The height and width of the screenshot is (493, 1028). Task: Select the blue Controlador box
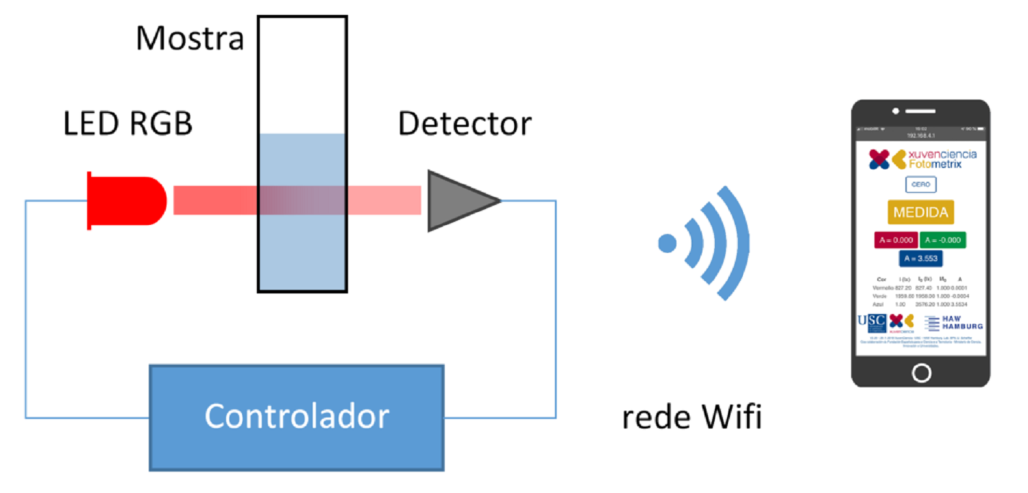(x=297, y=417)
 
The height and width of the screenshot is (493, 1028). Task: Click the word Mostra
(x=190, y=38)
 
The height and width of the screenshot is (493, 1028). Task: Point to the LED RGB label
(x=127, y=124)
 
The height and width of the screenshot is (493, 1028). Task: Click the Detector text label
(x=465, y=124)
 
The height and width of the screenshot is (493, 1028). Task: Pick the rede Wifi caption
(x=692, y=417)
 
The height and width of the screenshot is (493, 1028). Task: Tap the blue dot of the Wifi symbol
(x=667, y=243)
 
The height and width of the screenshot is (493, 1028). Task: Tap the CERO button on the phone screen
(x=920, y=185)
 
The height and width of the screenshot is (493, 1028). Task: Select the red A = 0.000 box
(x=896, y=240)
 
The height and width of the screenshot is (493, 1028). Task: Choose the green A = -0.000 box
(x=943, y=240)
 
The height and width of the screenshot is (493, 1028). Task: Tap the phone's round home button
(x=922, y=372)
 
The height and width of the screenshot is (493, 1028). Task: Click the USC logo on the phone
(x=872, y=323)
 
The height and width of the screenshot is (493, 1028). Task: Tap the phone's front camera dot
(x=895, y=111)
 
